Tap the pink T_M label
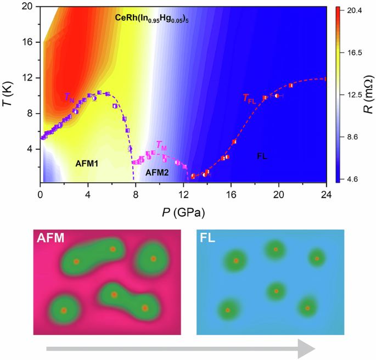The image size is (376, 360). coord(161,145)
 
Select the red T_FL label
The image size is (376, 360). coord(250,99)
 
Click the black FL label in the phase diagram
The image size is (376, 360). coord(262,157)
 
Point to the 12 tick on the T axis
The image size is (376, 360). coord(29,78)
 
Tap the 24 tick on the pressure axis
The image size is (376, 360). coord(326,194)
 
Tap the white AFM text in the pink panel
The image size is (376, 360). coord(50,239)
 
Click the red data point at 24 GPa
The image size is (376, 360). coord(326,78)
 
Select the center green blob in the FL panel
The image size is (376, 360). coord(276,291)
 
